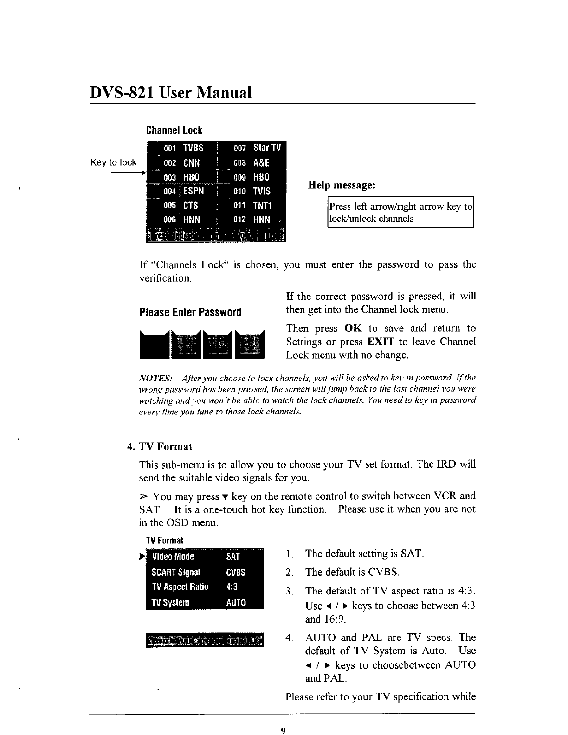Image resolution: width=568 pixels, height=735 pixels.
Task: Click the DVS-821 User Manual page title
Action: point(170,92)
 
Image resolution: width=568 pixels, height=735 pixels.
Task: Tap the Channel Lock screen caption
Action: point(174,130)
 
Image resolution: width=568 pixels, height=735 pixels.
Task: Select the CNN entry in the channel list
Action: point(191,163)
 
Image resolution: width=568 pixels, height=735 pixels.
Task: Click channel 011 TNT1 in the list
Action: point(263,206)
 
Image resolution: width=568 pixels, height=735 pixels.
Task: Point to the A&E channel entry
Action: point(261,163)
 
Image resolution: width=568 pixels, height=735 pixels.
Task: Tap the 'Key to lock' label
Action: point(113,162)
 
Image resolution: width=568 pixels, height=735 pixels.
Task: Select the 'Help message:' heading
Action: point(342,186)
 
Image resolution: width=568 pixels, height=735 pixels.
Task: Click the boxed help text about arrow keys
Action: point(400,213)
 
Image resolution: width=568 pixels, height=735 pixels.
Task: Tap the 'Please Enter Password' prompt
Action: point(190,312)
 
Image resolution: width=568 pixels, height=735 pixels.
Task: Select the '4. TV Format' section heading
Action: point(160,446)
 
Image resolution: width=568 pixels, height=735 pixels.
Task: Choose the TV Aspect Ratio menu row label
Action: point(180,587)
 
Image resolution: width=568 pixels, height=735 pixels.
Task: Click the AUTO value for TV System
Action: point(236,603)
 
